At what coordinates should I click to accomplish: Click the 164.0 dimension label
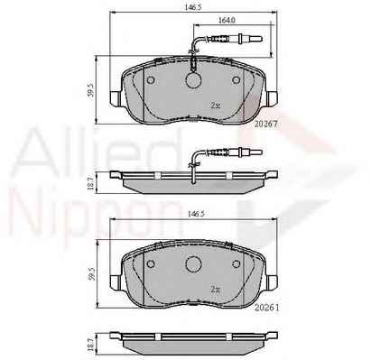click(227, 20)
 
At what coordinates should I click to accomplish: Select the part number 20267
click(266, 124)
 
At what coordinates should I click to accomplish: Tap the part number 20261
click(266, 308)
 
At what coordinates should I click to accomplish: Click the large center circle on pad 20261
click(193, 264)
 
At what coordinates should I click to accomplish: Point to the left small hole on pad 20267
click(151, 80)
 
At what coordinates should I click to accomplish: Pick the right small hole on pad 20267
click(237, 79)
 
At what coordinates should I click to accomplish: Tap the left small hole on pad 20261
click(151, 264)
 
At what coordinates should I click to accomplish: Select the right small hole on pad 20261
click(237, 263)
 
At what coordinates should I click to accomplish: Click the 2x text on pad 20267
click(216, 106)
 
